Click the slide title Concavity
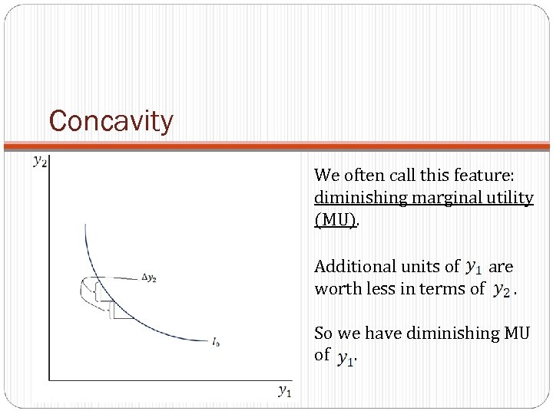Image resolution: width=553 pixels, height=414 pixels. click(111, 121)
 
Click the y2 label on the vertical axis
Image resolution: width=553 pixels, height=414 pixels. click(39, 161)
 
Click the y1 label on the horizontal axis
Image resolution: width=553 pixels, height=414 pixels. click(284, 391)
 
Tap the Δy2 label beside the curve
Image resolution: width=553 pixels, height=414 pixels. click(149, 278)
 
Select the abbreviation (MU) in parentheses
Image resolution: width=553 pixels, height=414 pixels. click(335, 220)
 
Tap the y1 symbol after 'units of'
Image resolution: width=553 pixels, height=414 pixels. click(474, 268)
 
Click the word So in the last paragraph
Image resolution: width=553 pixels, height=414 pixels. click(323, 333)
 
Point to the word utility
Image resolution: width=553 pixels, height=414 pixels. click(506, 198)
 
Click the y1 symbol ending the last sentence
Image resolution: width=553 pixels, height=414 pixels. click(345, 357)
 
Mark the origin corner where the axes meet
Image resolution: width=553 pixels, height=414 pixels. click(49, 379)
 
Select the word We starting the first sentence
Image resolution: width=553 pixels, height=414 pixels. click(325, 176)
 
